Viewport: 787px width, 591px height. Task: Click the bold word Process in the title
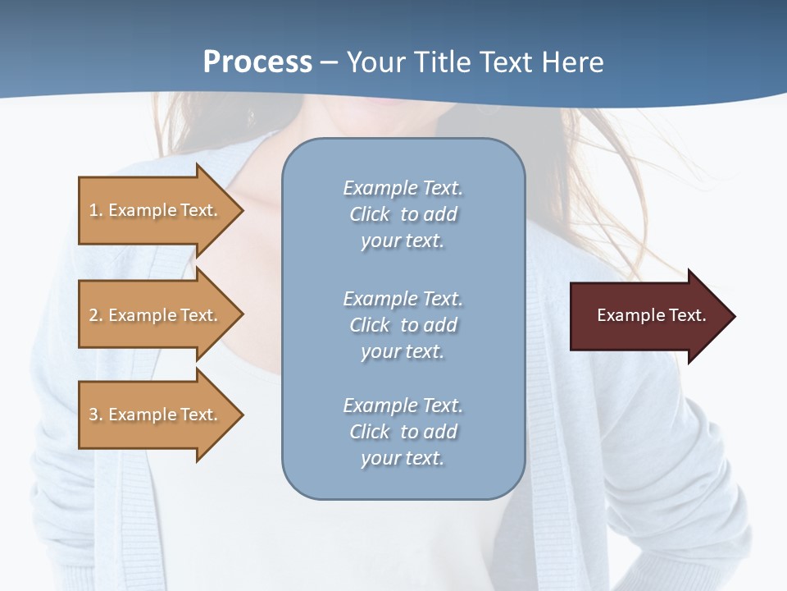pos(257,62)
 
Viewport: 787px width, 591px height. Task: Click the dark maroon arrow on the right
pos(648,315)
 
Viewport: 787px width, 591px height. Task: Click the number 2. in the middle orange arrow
pos(96,315)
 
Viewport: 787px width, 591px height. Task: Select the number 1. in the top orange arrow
pos(96,210)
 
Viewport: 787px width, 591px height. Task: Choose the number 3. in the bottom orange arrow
pos(96,415)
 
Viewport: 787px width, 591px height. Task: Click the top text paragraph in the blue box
pos(403,214)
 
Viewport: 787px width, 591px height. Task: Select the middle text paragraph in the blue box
pos(403,325)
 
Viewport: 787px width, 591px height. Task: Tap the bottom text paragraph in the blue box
pos(403,432)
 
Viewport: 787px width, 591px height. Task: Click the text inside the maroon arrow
pos(651,315)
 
